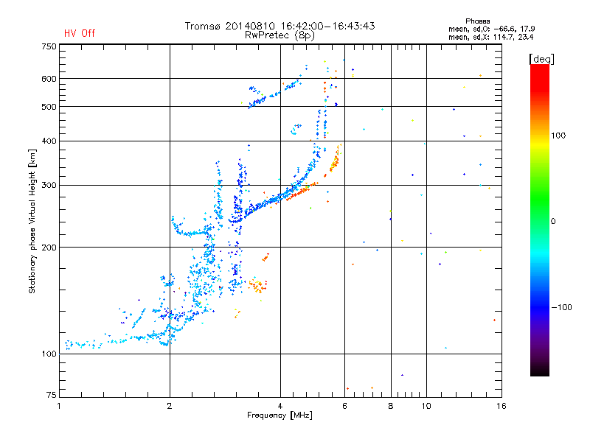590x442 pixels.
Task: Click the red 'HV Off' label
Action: point(80,34)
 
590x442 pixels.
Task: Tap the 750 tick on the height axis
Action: point(49,46)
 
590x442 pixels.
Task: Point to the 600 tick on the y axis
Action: point(49,79)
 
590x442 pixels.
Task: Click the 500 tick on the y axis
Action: point(49,107)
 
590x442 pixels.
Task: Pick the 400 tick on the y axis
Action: point(49,141)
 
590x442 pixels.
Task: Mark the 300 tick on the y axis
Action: point(49,185)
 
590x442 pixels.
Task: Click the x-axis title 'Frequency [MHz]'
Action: point(280,416)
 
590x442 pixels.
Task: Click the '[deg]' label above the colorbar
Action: point(542,58)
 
